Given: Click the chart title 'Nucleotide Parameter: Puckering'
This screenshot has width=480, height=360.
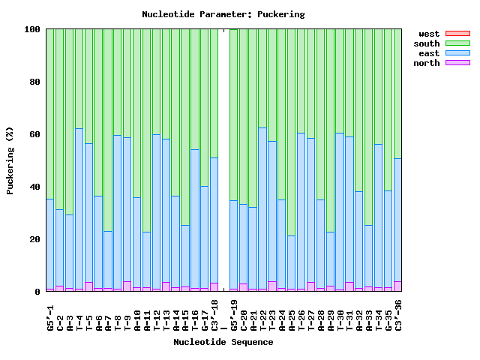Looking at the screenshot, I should [223, 14].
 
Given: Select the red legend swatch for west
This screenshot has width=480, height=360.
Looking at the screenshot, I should [457, 34].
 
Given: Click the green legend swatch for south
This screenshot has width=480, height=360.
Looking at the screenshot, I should [457, 43].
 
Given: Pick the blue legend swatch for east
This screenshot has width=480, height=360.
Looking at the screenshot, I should [457, 53].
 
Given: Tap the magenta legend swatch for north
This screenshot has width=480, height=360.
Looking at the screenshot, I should [457, 63].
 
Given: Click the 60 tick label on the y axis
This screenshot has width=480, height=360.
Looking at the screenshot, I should [34, 134].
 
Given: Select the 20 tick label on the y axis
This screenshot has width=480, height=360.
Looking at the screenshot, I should [34, 239].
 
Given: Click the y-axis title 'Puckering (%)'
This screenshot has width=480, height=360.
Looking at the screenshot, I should [10, 160].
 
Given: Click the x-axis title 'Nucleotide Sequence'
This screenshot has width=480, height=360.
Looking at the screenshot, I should [223, 342].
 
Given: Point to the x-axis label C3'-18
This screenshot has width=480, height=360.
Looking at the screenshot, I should [214, 315].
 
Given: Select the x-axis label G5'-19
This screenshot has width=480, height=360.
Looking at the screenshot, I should [234, 315].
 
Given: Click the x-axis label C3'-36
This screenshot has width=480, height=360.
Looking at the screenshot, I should [398, 315].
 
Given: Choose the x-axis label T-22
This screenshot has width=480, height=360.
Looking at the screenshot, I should [262, 315].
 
